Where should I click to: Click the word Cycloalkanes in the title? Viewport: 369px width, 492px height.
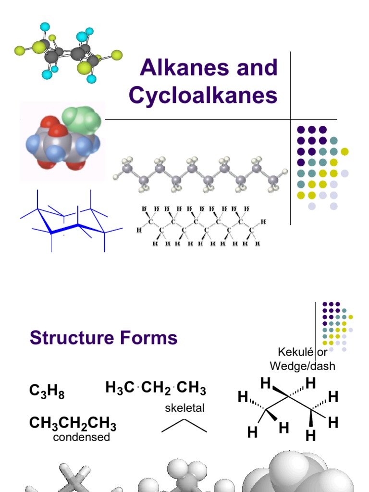click(x=203, y=96)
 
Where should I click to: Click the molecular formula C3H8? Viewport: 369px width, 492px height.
click(x=46, y=392)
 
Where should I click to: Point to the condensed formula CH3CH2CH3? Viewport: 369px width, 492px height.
click(x=73, y=423)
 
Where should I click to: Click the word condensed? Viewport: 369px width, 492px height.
click(x=81, y=437)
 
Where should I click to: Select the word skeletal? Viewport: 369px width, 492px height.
click(x=184, y=408)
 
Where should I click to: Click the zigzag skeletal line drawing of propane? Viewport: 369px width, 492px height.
click(x=184, y=425)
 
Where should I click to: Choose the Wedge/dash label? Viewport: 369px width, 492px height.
click(x=302, y=366)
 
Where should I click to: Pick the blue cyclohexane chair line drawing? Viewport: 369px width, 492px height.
click(x=71, y=221)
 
